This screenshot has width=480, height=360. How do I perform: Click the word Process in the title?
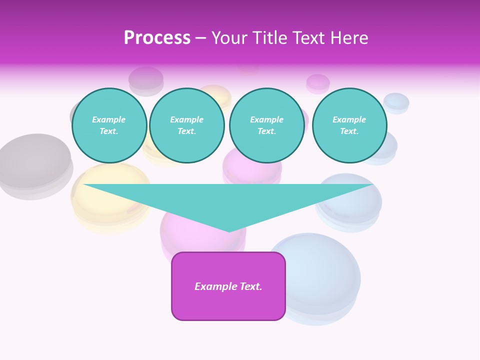point(157,38)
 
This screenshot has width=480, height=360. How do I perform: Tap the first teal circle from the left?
point(109,125)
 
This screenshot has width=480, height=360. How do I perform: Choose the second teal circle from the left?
point(187,125)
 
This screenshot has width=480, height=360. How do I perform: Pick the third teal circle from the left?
point(267,125)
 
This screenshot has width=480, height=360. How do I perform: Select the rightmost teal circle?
point(349,125)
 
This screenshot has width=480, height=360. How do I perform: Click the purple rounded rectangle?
point(228,286)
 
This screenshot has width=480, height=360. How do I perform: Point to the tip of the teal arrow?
point(229,231)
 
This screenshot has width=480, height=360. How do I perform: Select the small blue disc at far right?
point(396,102)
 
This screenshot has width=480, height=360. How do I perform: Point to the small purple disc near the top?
point(318,82)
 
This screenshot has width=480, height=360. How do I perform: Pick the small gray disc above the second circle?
point(146,78)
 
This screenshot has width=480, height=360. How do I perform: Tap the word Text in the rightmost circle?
point(349,131)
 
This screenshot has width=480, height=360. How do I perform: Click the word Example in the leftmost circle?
point(109,119)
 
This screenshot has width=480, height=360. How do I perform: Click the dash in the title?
point(201,38)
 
